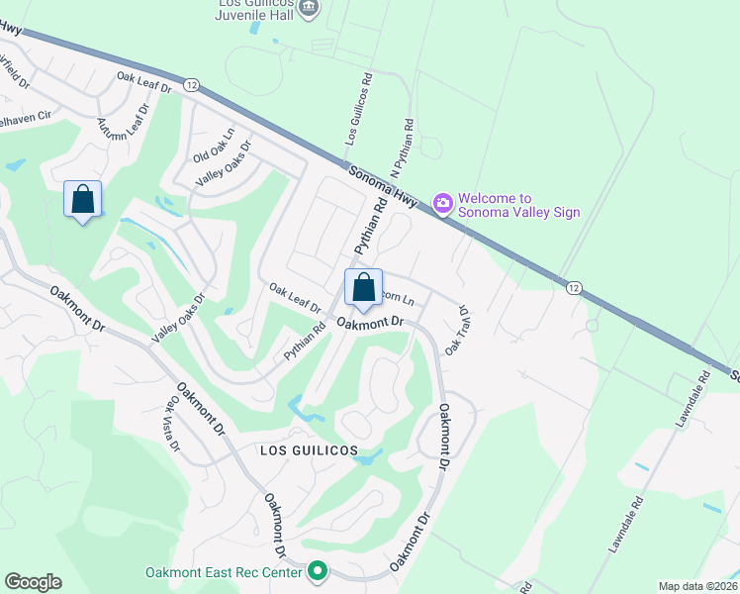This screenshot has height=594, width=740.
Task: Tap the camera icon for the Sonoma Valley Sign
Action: [x=443, y=204]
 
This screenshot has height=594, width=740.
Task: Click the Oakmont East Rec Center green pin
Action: [x=318, y=571]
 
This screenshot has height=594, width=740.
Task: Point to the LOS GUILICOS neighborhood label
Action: [x=308, y=449]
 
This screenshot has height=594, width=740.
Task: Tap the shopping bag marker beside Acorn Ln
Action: [x=363, y=288]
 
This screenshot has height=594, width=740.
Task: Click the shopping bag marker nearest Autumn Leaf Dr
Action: [x=82, y=199]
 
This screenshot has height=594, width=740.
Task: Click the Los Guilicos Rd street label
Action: [x=358, y=109]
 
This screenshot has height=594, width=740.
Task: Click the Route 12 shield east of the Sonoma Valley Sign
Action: [x=572, y=287]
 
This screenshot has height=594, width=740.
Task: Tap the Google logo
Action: [x=33, y=582]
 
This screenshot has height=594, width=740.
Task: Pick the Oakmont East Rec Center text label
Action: [x=224, y=572]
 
